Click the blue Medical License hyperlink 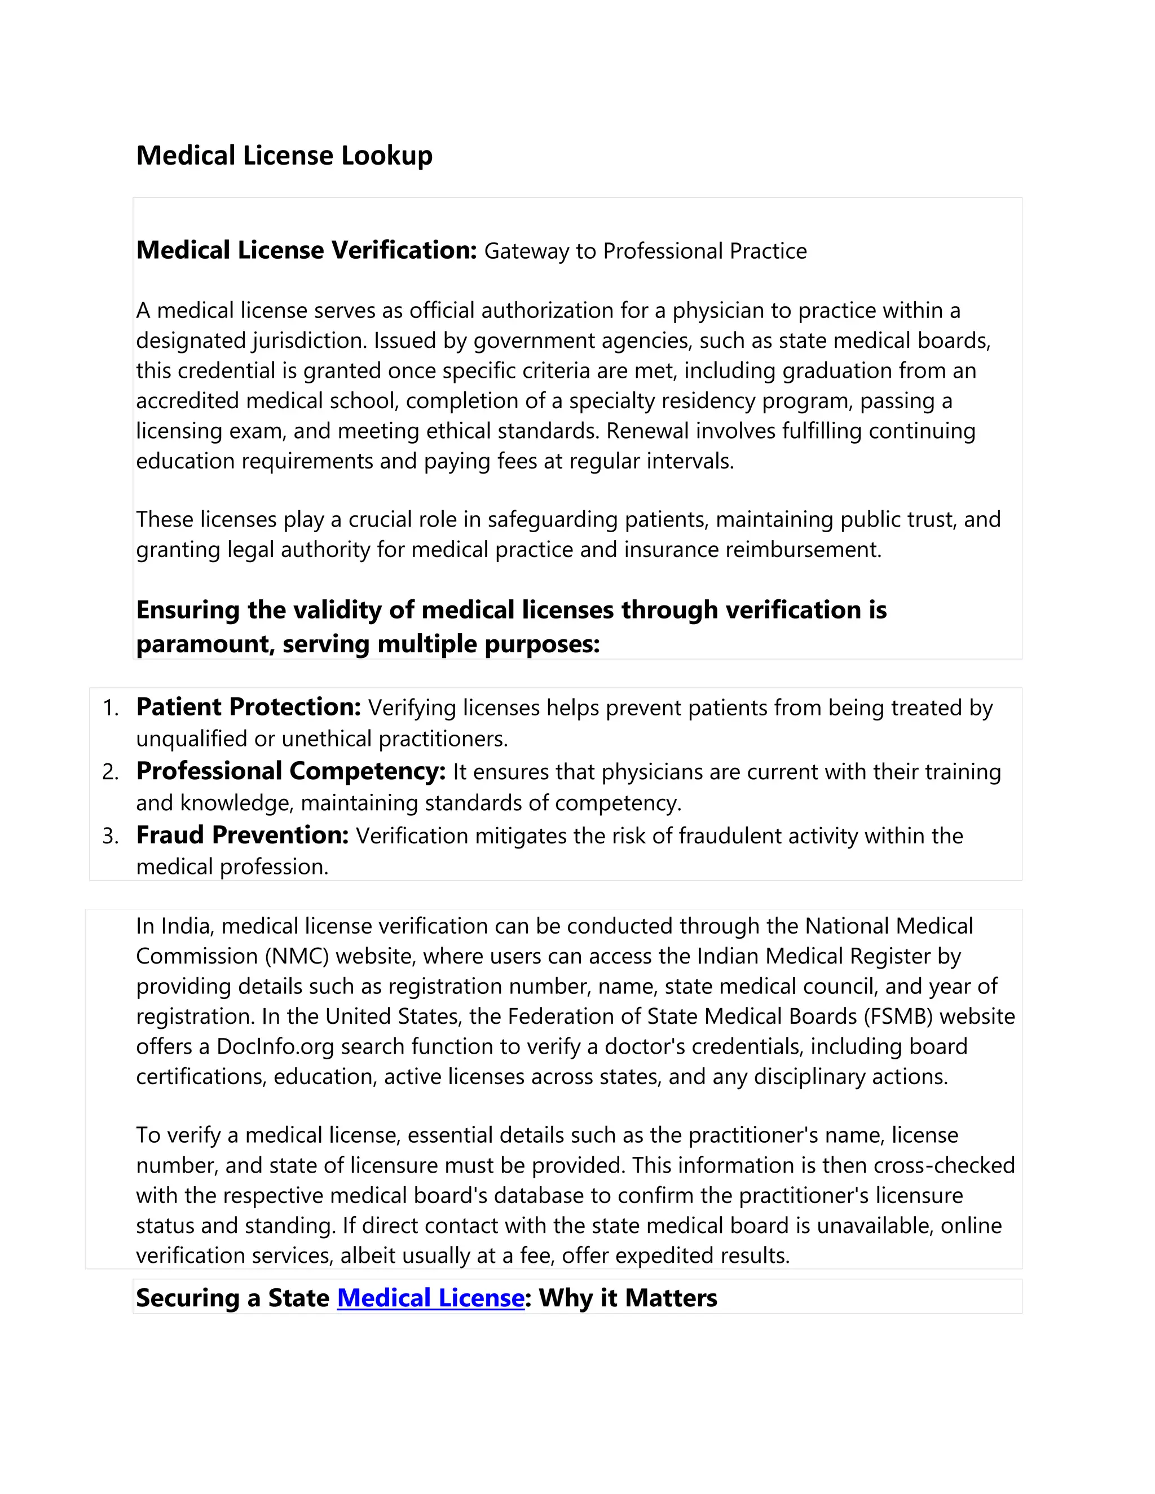click(x=430, y=1298)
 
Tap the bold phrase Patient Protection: click(x=248, y=706)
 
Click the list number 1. click(x=109, y=708)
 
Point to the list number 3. click(x=109, y=836)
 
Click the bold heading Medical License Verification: click(x=306, y=250)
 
